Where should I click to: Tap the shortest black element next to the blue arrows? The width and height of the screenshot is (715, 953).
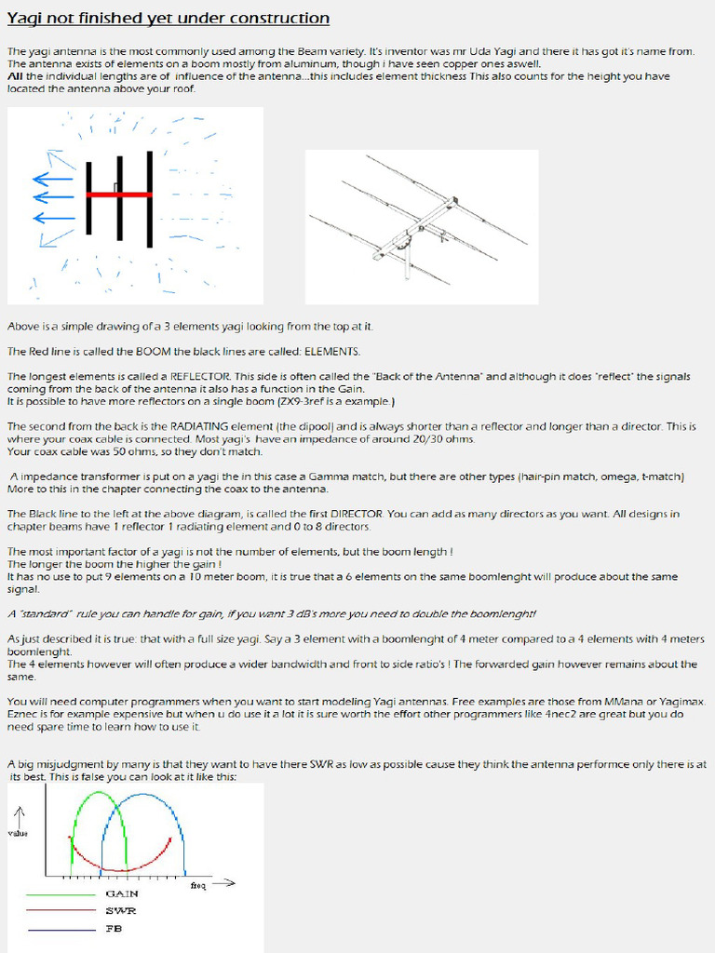pyautogui.click(x=89, y=198)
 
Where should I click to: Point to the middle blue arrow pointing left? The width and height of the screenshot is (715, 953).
pyautogui.click(x=54, y=196)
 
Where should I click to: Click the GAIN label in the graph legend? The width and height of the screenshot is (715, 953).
pyautogui.click(x=121, y=893)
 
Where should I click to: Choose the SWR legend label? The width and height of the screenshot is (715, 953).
pyautogui.click(x=120, y=911)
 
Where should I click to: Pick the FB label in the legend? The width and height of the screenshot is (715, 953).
pyautogui.click(x=114, y=929)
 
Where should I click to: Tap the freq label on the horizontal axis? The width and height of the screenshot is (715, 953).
pyautogui.click(x=198, y=885)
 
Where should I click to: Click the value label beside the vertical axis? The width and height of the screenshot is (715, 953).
pyautogui.click(x=18, y=833)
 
